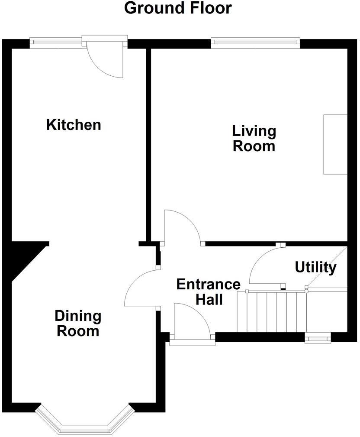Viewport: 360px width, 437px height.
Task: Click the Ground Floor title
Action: point(178,8)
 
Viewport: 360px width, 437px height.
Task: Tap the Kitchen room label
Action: point(74,125)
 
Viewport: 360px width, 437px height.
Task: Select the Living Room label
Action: point(254,138)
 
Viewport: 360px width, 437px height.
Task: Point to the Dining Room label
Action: point(78,324)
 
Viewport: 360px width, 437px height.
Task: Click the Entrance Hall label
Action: point(209,291)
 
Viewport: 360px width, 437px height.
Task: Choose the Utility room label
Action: point(315,268)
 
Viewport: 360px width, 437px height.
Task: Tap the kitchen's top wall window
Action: point(56,42)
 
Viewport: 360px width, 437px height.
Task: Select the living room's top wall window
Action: point(255,42)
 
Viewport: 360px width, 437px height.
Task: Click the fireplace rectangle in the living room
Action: point(335,144)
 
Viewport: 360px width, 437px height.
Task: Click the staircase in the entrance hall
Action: point(271,311)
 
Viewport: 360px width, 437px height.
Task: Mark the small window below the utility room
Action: point(318,338)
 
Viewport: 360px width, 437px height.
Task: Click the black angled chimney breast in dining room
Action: point(24,258)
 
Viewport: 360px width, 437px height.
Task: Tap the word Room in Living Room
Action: point(254,146)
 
